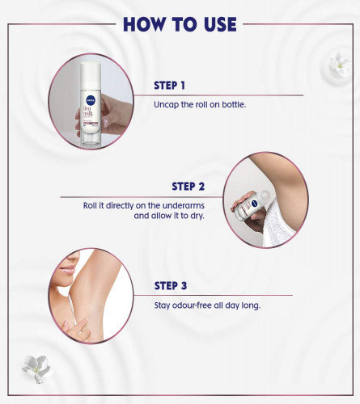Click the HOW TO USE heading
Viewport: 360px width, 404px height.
[x=180, y=24]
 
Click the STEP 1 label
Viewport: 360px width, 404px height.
[x=169, y=86]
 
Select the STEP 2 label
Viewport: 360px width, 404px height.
[x=188, y=187]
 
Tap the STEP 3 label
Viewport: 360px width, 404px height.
[x=171, y=286]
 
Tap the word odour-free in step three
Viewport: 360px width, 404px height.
[x=192, y=305]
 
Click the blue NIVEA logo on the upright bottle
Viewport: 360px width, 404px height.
[x=91, y=100]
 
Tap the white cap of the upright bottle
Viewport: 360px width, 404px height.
[x=91, y=75]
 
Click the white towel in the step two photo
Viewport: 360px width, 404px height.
[x=277, y=224]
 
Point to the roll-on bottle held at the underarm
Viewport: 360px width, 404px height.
[x=250, y=205]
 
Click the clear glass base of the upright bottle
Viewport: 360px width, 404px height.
[x=91, y=140]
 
